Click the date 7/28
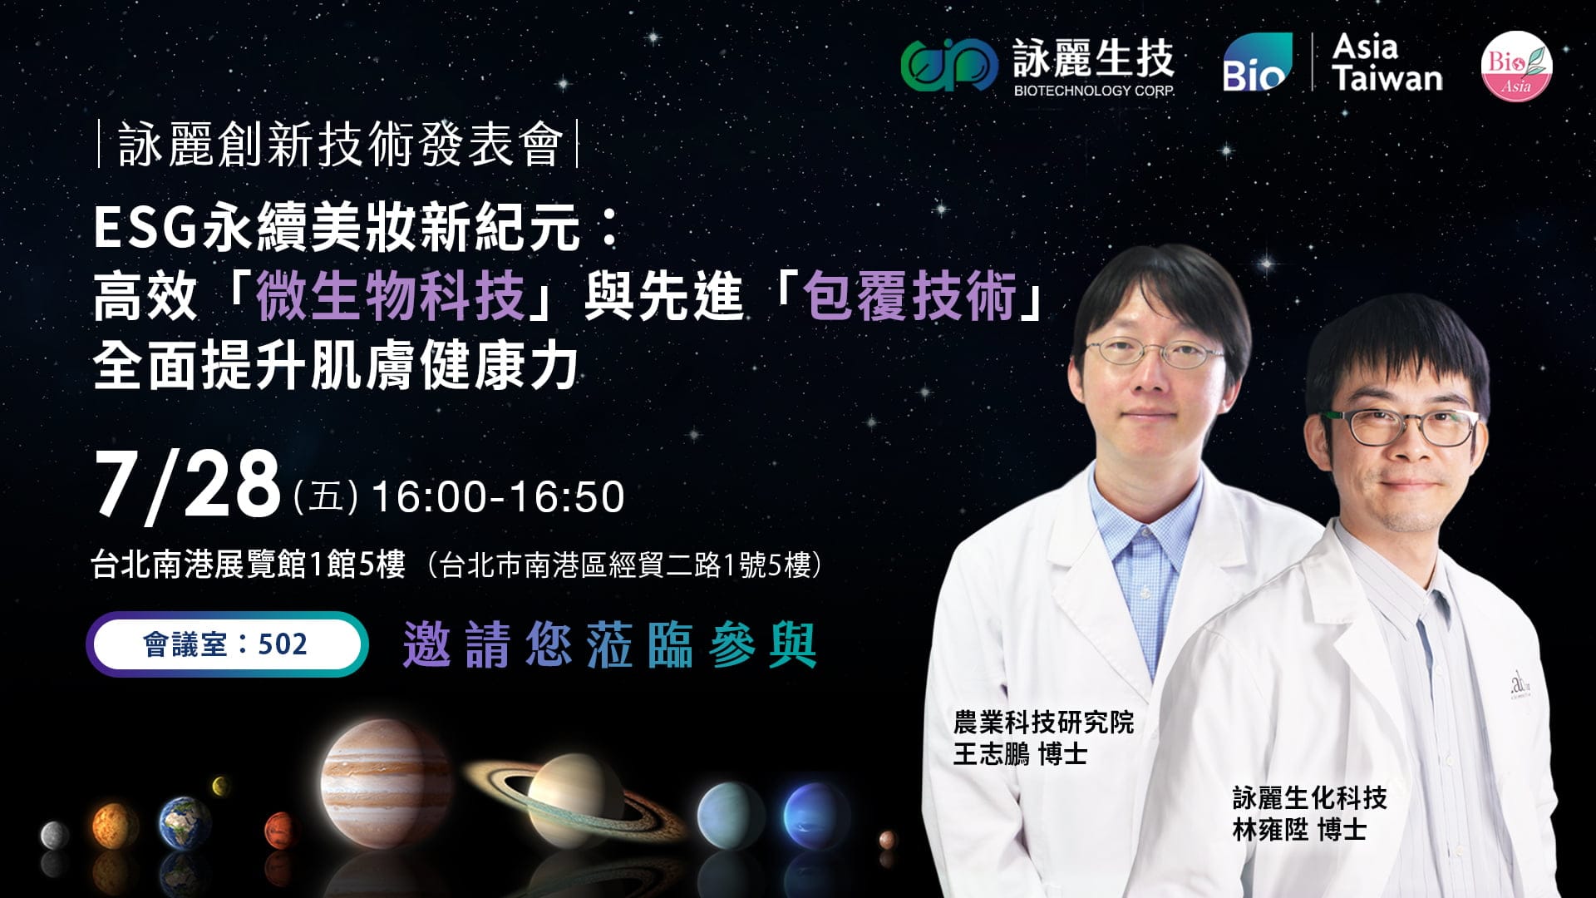188,486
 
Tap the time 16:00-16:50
498,496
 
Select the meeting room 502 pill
227,644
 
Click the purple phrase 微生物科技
390,296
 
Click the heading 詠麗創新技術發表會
338,145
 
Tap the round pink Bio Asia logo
1516,67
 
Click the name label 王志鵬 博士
1020,754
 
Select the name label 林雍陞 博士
1299,829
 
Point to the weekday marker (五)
326,498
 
